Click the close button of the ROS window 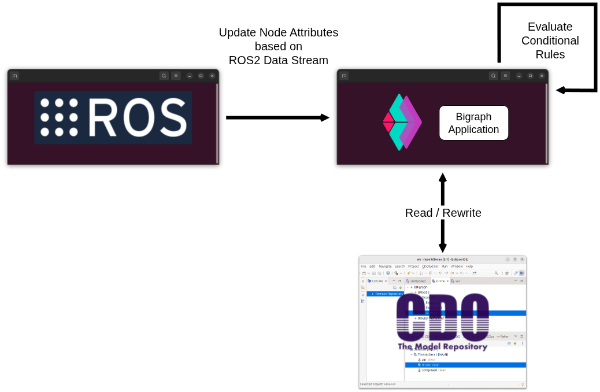click(x=212, y=76)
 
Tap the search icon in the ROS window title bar click(x=164, y=76)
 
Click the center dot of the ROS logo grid click(x=59, y=117)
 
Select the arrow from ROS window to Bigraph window click(x=277, y=117)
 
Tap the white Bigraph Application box click(x=473, y=123)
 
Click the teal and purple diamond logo click(x=402, y=122)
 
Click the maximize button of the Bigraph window click(x=530, y=76)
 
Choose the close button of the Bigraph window click(x=542, y=76)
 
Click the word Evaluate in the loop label click(x=550, y=27)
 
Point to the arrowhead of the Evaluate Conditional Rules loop click(x=560, y=90)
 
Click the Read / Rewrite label click(x=443, y=213)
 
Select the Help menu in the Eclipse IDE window click(x=469, y=266)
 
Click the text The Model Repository click(x=442, y=346)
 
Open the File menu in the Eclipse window click(x=364, y=266)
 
